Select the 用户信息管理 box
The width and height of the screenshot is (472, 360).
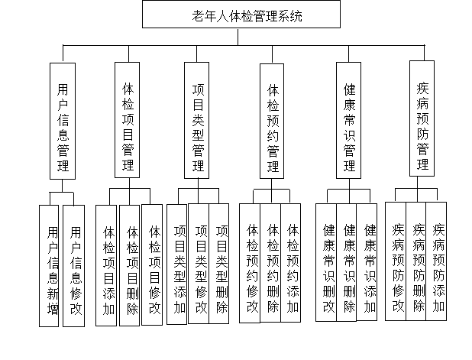tap(63, 122)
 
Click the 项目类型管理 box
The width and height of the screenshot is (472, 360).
tap(199, 122)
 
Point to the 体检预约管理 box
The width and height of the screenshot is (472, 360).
tap(273, 122)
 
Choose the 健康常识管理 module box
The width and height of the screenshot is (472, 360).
tap(349, 120)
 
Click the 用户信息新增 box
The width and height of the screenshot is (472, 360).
tap(50, 266)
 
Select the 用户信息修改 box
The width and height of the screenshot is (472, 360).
tap(73, 266)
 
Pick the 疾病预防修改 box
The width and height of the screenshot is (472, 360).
tap(397, 260)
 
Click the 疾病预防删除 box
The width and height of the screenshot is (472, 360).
tap(418, 260)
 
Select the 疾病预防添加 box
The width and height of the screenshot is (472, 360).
tap(438, 260)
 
